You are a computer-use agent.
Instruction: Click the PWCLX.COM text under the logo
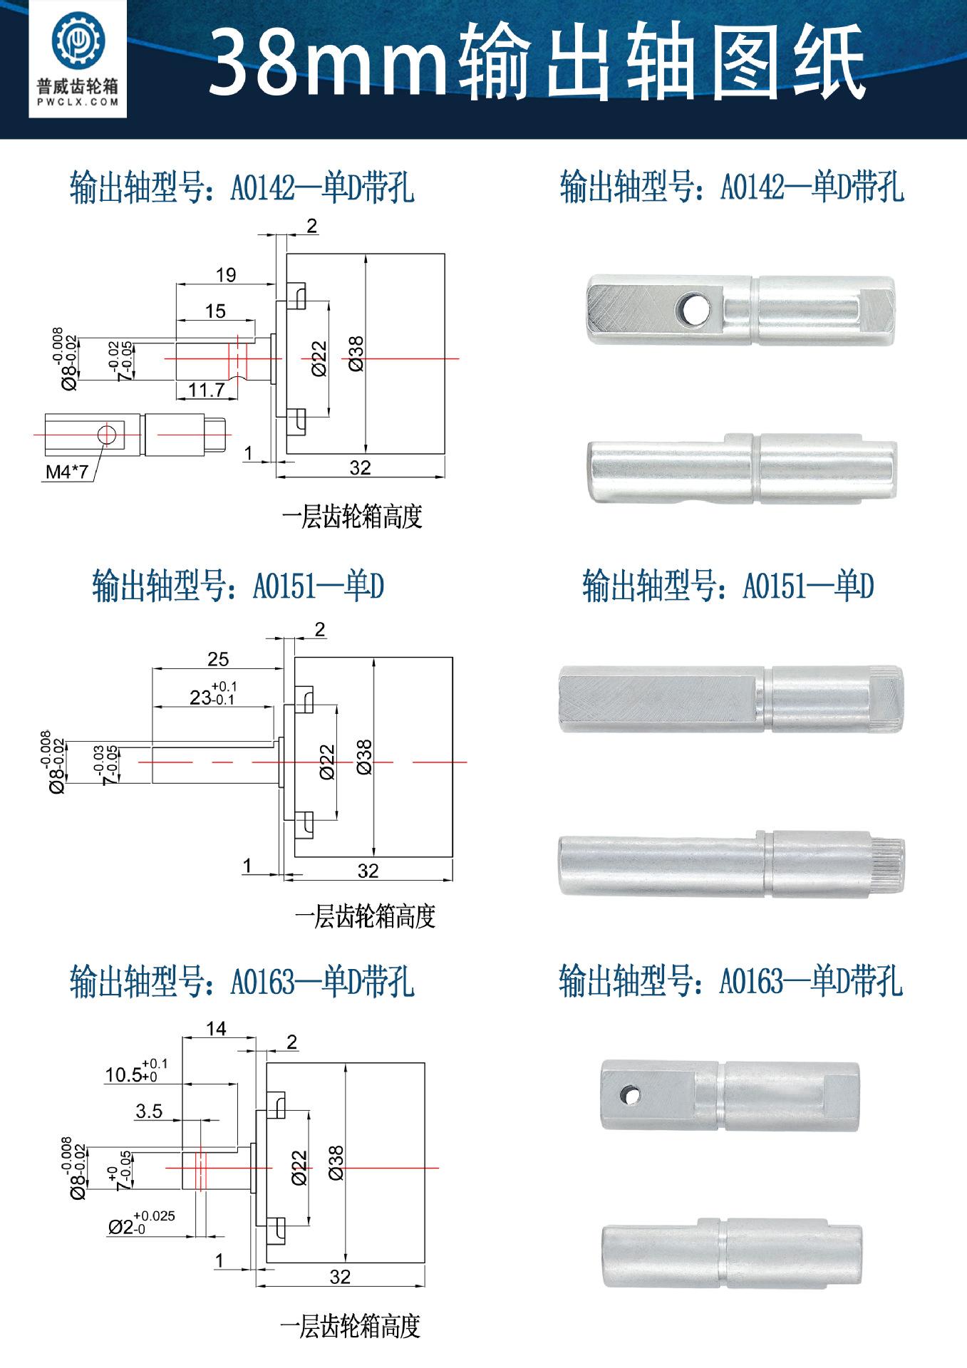[78, 103]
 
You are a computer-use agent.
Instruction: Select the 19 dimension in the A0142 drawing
[226, 275]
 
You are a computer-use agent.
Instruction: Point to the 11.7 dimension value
[207, 390]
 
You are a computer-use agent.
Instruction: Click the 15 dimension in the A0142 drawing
[215, 311]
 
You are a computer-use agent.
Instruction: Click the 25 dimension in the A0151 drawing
[218, 659]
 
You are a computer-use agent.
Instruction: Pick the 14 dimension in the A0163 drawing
[216, 1029]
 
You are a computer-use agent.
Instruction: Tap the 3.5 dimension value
[149, 1111]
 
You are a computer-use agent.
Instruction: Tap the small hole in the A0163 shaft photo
[630, 1094]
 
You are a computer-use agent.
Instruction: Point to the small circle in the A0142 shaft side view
[106, 434]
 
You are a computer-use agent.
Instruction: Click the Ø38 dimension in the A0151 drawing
[363, 757]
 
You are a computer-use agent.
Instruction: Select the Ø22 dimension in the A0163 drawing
[299, 1167]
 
